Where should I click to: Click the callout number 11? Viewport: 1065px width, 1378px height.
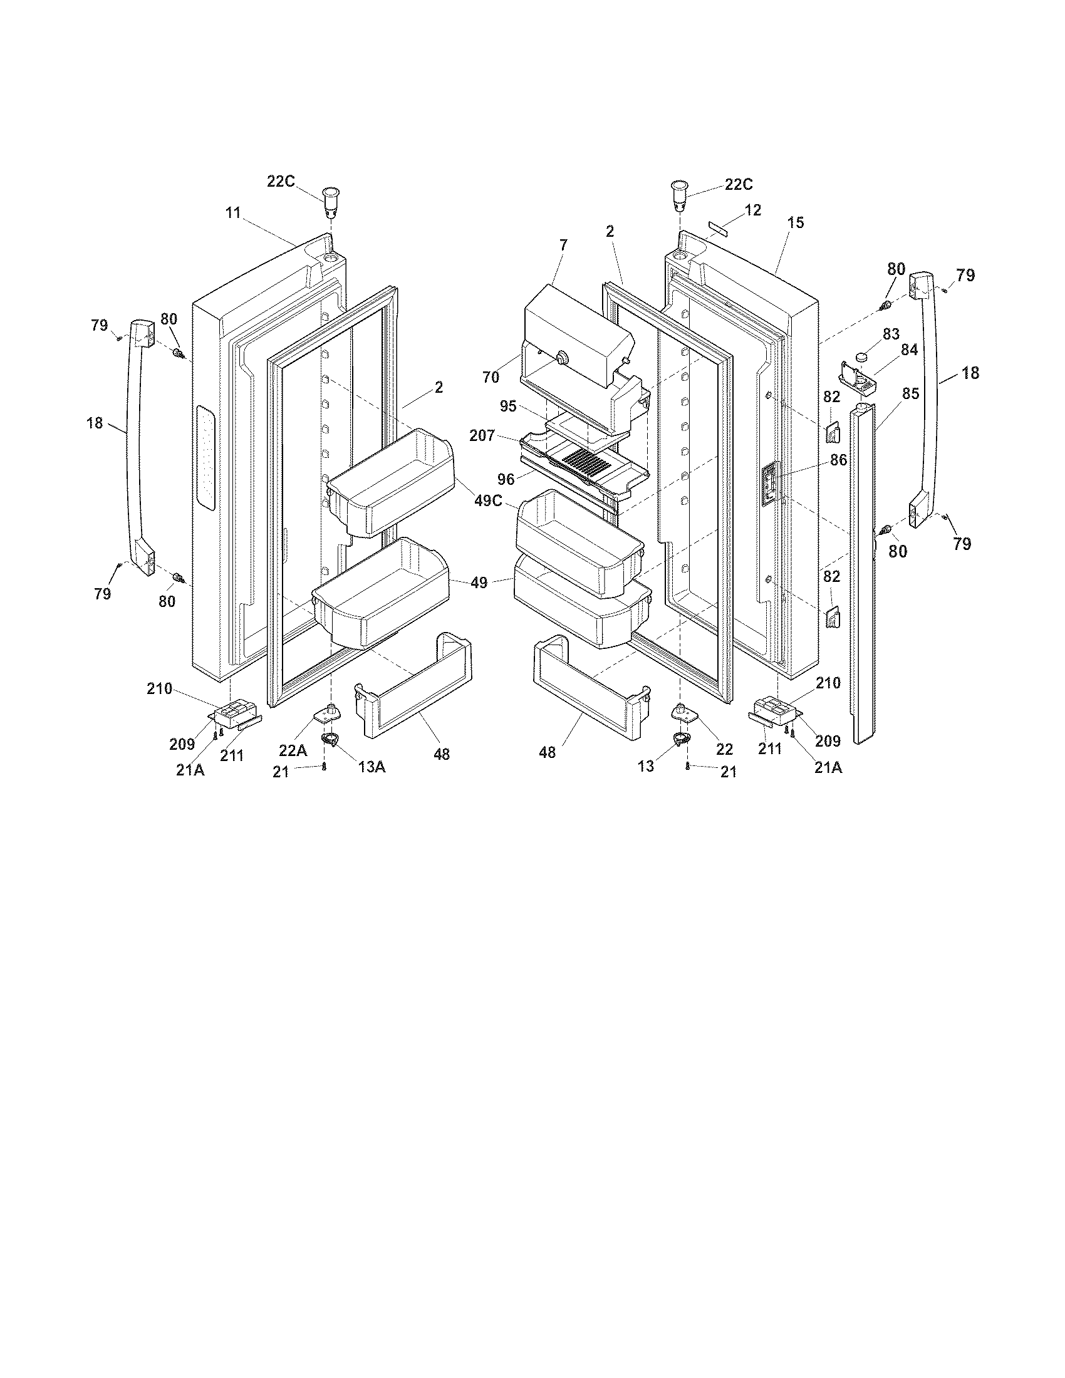tap(234, 212)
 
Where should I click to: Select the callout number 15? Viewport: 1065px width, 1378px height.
tap(796, 223)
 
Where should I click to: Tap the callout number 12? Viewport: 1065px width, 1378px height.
tap(752, 210)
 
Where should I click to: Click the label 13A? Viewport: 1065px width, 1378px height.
tap(371, 766)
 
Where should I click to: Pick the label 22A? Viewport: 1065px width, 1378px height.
tap(293, 750)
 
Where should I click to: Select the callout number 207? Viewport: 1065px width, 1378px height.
tap(482, 435)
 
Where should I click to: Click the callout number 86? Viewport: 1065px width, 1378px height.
tap(838, 460)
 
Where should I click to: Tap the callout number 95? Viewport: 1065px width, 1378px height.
tap(508, 407)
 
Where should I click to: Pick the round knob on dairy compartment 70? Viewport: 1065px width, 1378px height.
tap(559, 359)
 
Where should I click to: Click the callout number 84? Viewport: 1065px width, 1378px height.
tap(908, 350)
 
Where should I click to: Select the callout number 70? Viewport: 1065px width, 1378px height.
tap(491, 377)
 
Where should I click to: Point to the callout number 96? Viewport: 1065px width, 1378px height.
tap(506, 480)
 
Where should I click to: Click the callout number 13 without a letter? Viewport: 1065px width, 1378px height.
tap(645, 767)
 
